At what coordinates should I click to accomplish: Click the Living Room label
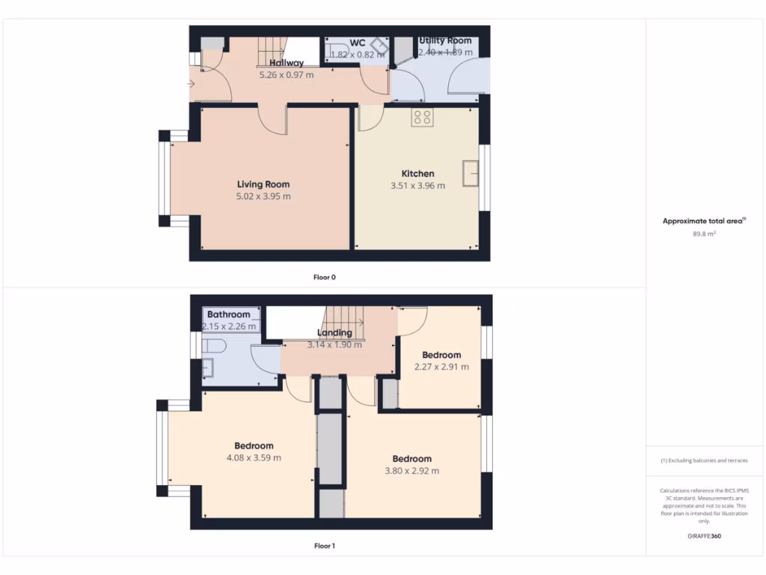(263, 184)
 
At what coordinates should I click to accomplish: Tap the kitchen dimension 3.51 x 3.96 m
(417, 186)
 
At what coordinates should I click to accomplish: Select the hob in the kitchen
(422, 118)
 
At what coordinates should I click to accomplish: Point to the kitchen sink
(471, 173)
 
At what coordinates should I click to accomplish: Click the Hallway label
(287, 63)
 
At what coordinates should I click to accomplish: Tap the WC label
(358, 43)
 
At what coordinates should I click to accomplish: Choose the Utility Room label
(445, 40)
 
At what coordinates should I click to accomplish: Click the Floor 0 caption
(324, 277)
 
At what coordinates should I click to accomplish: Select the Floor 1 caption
(324, 546)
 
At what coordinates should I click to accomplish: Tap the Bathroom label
(229, 314)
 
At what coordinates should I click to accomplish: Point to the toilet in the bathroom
(216, 346)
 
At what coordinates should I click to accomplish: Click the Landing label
(334, 333)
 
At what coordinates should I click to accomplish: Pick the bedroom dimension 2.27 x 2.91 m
(441, 367)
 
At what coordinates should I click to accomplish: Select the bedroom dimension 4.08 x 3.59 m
(254, 457)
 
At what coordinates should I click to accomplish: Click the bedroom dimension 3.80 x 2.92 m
(411, 471)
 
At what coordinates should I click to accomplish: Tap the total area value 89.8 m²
(703, 234)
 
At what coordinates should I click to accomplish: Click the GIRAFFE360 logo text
(703, 536)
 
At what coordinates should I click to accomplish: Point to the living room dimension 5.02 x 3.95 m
(263, 196)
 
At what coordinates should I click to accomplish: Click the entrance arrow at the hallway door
(191, 84)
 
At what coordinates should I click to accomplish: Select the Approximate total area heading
(703, 221)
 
